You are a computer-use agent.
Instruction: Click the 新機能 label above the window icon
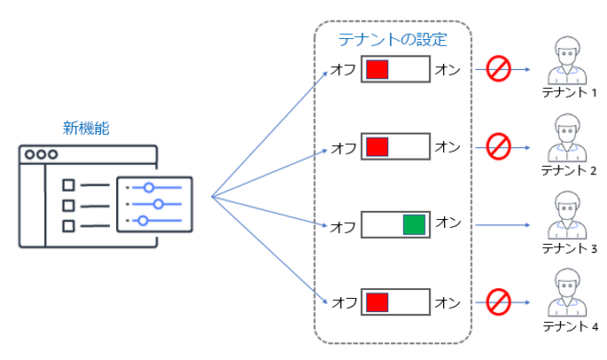(86, 128)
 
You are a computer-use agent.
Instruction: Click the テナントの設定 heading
(393, 40)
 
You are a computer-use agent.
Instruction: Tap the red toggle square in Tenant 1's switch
(377, 69)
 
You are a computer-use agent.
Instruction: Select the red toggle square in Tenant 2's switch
(377, 146)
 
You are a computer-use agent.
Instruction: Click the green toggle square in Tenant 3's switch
(414, 224)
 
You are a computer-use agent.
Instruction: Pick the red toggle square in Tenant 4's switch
(377, 302)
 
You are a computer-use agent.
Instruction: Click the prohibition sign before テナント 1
(498, 68)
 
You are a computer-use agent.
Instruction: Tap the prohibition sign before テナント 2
(499, 145)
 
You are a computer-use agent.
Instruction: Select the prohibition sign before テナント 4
(499, 301)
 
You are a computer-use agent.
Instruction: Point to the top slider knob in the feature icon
(149, 187)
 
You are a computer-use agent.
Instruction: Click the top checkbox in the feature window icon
(67, 186)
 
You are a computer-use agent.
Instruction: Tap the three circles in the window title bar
(41, 155)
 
